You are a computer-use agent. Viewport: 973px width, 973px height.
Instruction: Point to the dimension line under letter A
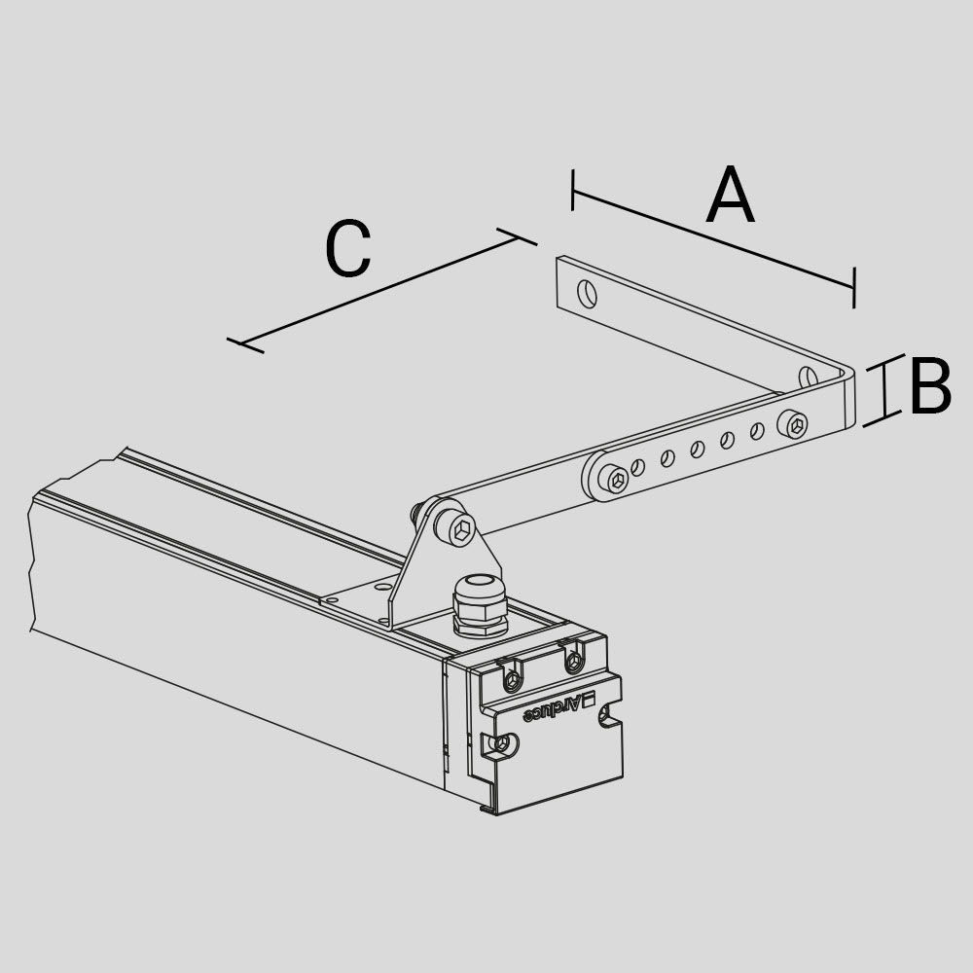[x=713, y=238]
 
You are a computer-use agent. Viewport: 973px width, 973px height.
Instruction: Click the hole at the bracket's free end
[x=587, y=292]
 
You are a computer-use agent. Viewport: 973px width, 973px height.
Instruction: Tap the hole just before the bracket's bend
[x=807, y=377]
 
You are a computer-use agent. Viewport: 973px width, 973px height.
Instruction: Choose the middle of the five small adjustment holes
[x=697, y=449]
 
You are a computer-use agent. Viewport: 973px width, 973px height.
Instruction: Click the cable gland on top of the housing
[x=480, y=605]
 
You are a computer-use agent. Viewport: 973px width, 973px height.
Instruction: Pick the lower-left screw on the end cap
[x=502, y=744]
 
